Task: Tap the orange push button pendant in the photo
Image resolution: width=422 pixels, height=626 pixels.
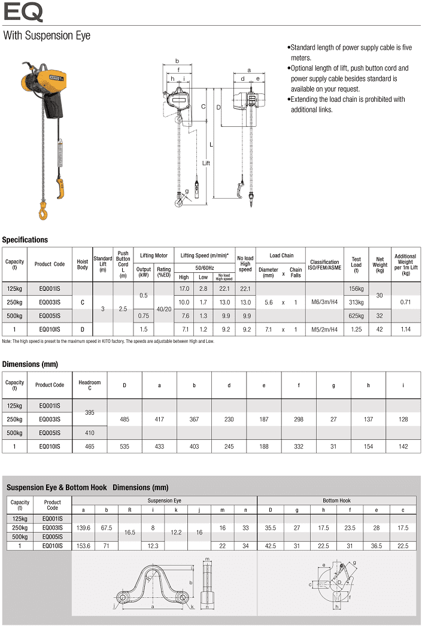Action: (x=60, y=187)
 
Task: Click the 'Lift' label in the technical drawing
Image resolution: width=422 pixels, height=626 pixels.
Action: (x=206, y=163)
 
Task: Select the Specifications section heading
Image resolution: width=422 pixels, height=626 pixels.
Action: (x=25, y=240)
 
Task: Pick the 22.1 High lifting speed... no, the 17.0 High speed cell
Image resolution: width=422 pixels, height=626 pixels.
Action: (x=184, y=288)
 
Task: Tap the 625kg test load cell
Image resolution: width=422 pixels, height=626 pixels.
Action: (x=356, y=315)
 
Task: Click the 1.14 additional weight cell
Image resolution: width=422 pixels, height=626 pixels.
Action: (x=405, y=329)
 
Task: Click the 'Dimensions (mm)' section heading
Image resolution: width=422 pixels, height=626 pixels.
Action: (x=30, y=364)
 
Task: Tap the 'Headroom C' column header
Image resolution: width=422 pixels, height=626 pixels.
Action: (x=90, y=385)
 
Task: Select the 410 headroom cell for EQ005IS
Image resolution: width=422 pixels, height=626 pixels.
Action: (x=90, y=433)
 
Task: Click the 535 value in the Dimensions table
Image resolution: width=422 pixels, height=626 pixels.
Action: (x=125, y=446)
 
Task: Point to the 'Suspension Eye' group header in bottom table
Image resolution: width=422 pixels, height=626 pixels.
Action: (x=165, y=500)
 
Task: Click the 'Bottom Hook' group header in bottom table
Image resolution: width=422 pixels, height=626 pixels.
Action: (x=336, y=500)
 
